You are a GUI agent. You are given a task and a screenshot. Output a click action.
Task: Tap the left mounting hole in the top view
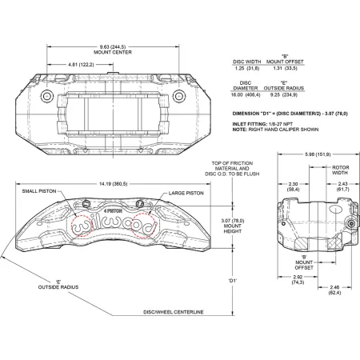point(47,96)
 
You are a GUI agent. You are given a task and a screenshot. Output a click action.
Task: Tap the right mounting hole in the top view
point(179,96)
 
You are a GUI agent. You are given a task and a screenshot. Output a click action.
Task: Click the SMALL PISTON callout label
point(39,191)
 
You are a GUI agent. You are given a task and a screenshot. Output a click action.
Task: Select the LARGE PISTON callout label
point(186,193)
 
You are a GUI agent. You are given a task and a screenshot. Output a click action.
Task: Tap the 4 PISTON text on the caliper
point(113,210)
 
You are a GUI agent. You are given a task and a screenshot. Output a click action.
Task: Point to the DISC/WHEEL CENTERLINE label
point(174,312)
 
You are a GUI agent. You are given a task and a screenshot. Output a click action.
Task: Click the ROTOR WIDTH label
point(340,170)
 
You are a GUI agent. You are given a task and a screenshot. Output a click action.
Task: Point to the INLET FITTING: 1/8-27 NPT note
point(262,124)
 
